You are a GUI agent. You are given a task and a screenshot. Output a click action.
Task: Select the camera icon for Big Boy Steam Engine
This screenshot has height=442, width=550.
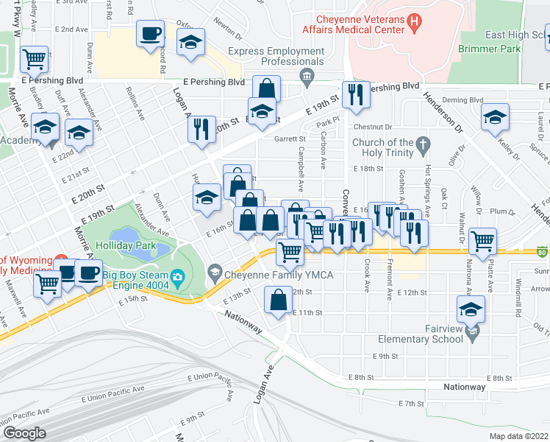pos(176,278)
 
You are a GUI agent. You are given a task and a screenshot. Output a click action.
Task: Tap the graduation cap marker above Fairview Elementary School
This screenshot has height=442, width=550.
pos(471,308)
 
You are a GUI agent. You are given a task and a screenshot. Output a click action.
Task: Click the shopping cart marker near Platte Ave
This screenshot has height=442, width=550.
pos(483,239)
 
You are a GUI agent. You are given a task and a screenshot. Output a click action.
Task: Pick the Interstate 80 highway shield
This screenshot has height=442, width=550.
pos(542,252)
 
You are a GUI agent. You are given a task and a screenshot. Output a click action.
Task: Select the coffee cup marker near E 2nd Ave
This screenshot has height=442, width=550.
pos(151,32)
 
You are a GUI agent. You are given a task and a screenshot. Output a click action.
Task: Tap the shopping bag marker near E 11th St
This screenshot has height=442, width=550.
pos(278,300)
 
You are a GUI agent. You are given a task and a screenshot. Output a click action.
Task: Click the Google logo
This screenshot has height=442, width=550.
pos(24,433)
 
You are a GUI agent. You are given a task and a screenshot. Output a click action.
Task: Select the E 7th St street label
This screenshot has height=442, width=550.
pos(411,404)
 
